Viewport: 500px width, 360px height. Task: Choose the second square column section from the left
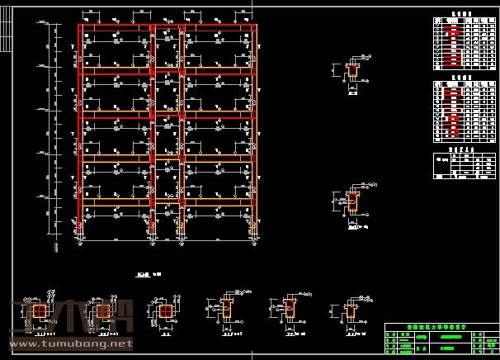click(103, 310)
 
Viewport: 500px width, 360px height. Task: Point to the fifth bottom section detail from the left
click(288, 309)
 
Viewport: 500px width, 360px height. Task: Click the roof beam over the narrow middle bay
click(167, 27)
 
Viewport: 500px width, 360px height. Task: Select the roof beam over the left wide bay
click(116, 27)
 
